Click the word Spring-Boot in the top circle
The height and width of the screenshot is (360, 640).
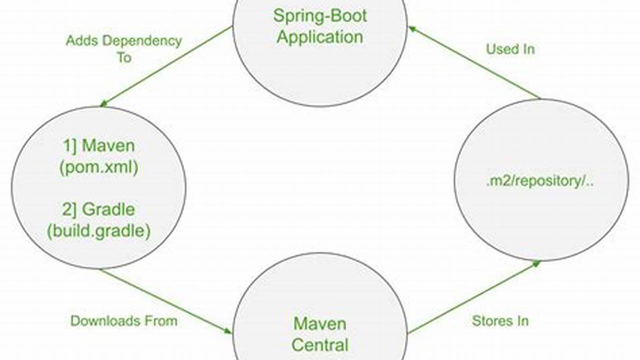[320, 15]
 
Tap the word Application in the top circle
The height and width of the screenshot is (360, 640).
[320, 37]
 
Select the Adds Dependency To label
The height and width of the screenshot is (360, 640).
[124, 48]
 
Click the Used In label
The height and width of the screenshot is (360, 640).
[510, 49]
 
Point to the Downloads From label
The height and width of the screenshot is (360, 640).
[124, 321]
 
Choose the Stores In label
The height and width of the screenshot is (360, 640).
[500, 321]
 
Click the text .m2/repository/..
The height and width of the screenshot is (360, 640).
[540, 181]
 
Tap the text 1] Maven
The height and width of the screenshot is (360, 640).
[99, 146]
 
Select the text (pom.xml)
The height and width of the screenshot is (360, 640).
[99, 167]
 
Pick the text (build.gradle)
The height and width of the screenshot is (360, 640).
[99, 231]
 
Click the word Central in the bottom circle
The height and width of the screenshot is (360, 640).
[320, 345]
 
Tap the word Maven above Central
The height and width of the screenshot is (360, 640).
[320, 323]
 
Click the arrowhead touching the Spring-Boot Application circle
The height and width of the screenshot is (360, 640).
[412, 29]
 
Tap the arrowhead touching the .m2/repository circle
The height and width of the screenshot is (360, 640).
[536, 263]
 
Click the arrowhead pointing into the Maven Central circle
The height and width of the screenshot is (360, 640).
[228, 331]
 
